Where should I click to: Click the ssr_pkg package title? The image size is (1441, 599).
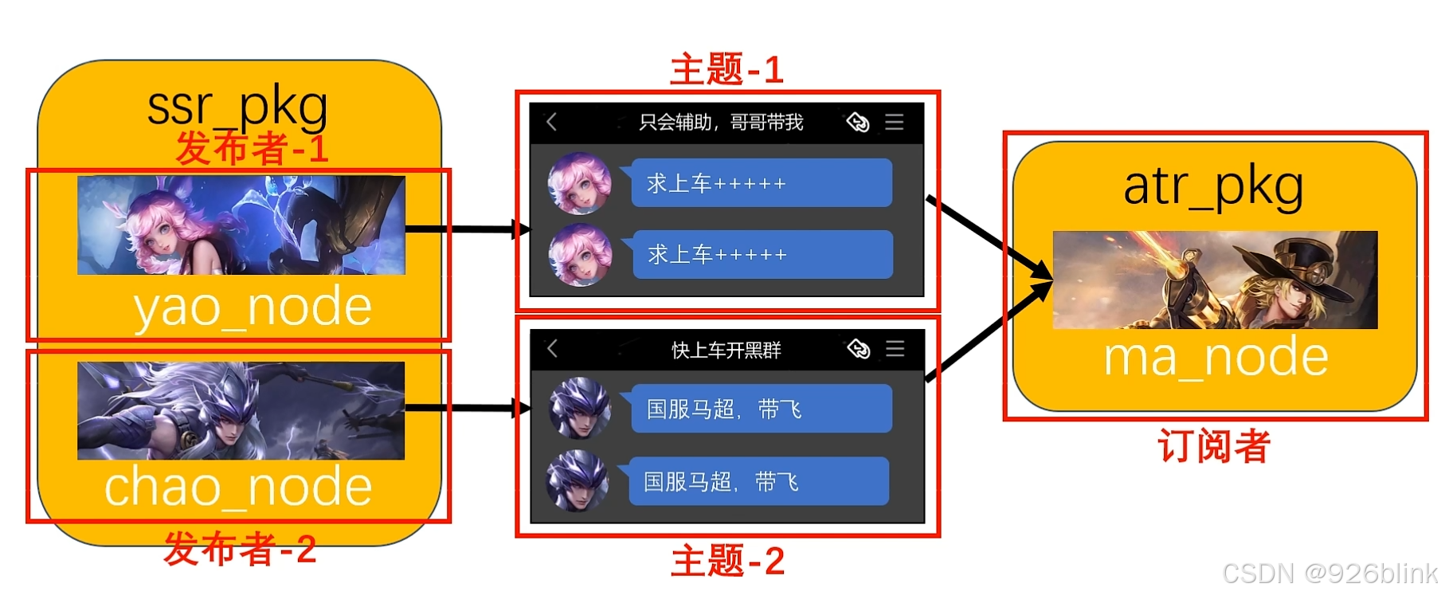point(237,107)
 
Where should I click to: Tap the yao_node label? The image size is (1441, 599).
point(253,307)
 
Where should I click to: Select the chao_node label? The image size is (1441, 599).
point(238,487)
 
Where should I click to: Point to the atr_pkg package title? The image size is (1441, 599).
point(1213,187)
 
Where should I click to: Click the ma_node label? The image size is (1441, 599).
point(1216,357)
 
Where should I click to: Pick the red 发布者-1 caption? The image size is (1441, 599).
point(252,149)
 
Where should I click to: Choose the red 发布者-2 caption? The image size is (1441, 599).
point(240,549)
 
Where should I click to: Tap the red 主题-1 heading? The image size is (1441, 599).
point(726,70)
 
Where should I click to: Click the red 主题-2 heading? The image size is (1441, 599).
point(727,562)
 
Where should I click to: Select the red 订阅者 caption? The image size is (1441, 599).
point(1213,446)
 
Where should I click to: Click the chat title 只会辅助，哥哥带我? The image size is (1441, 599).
point(721,123)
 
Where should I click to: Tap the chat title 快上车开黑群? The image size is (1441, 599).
point(726,350)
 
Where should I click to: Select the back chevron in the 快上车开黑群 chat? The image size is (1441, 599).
point(552,348)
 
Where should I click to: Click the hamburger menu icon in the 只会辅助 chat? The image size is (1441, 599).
point(895,122)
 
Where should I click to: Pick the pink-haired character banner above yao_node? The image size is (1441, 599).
point(241,225)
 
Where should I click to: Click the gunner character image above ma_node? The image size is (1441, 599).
point(1215,280)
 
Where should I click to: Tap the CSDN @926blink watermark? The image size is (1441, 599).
point(1329,574)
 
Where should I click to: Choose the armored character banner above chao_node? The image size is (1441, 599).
point(241,411)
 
